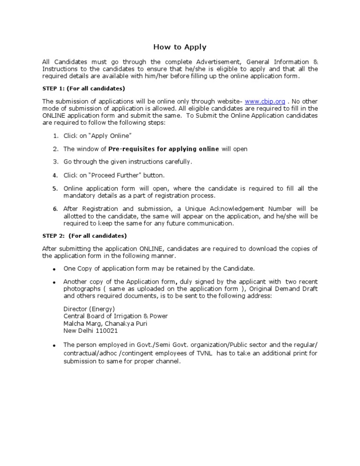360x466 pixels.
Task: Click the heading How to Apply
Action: click(180, 47)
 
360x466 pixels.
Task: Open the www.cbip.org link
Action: click(265, 101)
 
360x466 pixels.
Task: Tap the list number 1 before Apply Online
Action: click(55, 136)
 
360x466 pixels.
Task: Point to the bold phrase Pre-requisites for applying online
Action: click(164, 149)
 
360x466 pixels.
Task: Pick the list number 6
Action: click(55, 209)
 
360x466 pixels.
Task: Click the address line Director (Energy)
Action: click(89, 308)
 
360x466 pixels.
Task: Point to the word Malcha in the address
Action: click(74, 323)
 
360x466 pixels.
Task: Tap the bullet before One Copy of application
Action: click(54, 269)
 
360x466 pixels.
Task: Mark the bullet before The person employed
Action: click(54, 346)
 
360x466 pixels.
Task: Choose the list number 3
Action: click(55, 162)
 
